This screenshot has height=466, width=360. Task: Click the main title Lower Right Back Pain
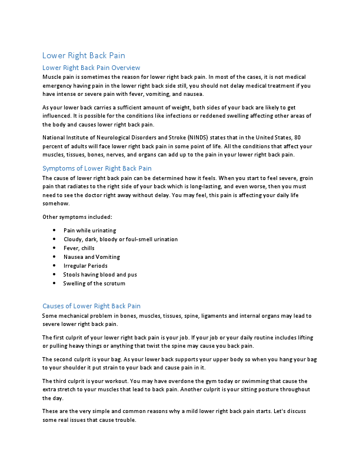84,55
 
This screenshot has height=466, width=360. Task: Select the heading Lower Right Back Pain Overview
91,68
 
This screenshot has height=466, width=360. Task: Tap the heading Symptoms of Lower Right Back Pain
98,168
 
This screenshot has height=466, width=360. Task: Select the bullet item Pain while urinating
89,230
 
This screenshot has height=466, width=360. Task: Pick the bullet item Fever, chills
79,248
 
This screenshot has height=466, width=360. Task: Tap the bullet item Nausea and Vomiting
91,257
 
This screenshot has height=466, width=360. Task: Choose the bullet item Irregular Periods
85,265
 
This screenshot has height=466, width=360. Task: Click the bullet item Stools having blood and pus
99,274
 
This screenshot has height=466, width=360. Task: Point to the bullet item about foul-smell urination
120,239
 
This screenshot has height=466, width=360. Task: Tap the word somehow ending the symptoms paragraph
56,204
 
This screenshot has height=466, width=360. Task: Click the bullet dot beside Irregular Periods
54,265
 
